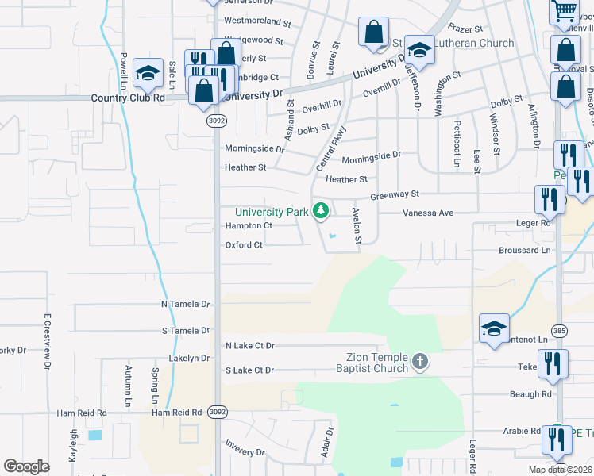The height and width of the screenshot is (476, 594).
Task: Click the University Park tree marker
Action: pos(321,211)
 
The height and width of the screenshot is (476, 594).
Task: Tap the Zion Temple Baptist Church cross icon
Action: pos(420,363)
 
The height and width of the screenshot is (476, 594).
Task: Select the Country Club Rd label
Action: pos(128,98)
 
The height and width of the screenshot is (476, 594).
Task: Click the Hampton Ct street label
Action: pos(249,226)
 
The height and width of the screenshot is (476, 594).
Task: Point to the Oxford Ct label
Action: pos(244,245)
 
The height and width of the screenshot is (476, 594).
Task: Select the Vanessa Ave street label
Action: pos(427,213)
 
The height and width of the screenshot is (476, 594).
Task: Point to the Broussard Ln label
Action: pos(525,251)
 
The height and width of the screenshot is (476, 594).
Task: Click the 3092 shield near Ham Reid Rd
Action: pos(217,413)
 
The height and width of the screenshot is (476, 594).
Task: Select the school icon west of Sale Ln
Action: pos(148,73)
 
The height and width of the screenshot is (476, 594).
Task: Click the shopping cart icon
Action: pos(564,10)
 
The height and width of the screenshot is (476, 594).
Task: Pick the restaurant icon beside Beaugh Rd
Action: pos(553,363)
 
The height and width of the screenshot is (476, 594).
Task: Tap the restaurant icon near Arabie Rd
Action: pos(556,439)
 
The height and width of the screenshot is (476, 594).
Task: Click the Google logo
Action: pos(26,466)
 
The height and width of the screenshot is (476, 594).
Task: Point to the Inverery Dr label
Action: pos(245,452)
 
